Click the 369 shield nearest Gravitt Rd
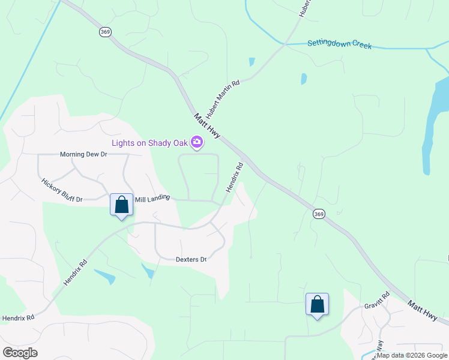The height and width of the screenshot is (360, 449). point(319,214)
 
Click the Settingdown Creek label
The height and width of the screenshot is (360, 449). point(339,44)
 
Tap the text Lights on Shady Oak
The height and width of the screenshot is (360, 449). point(149,142)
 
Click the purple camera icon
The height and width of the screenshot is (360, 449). point(196,142)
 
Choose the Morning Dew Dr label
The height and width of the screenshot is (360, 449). point(83,154)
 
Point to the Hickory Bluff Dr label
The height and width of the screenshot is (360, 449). point(61,190)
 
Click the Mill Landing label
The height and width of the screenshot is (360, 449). point(152,197)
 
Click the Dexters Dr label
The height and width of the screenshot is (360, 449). point(191,260)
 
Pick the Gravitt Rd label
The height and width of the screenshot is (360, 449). point(376,300)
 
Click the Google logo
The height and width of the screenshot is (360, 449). point(20,352)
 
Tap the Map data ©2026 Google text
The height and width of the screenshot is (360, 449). point(412,355)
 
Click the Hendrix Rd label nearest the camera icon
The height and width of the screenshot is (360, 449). point(234,178)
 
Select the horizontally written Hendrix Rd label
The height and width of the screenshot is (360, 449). point(18,317)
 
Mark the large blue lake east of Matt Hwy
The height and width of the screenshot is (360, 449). point(433,129)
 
